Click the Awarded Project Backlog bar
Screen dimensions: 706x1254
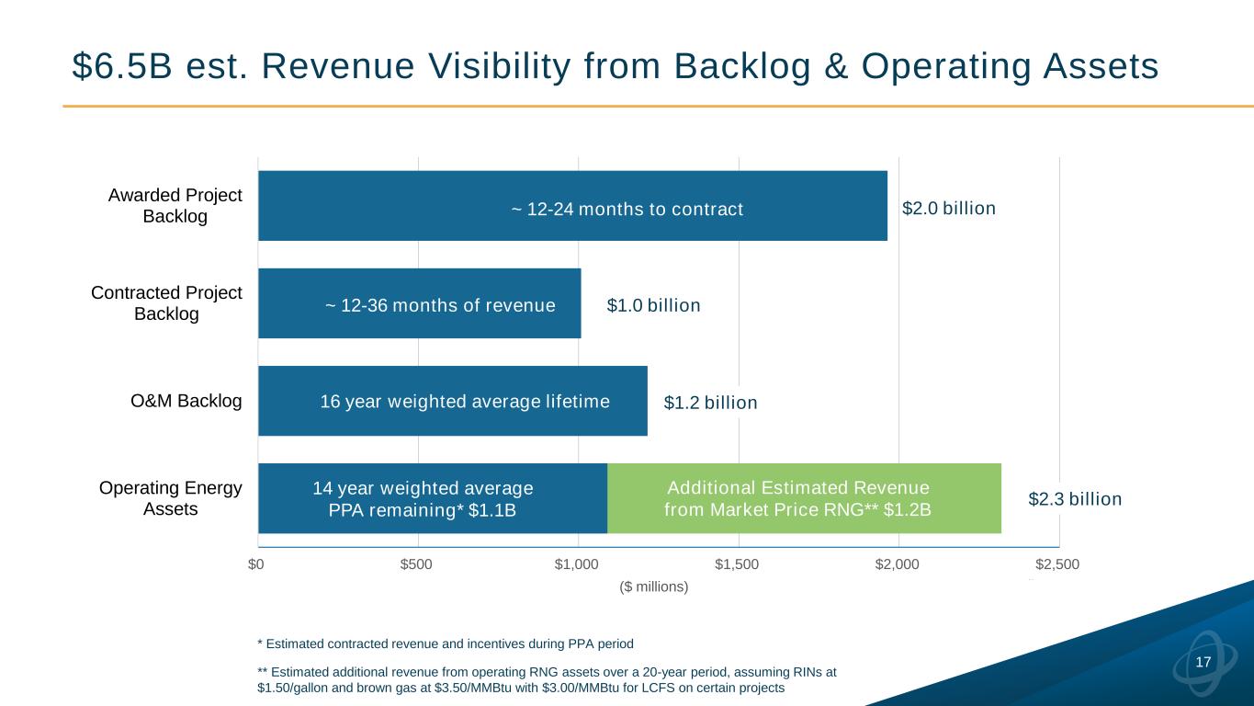click(x=572, y=206)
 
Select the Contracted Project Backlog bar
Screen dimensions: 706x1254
click(x=419, y=303)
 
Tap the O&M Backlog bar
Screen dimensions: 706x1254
click(x=452, y=401)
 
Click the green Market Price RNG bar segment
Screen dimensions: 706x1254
click(x=804, y=498)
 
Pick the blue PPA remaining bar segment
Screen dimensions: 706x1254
click(x=432, y=498)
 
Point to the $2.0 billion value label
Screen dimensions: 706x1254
click(x=948, y=209)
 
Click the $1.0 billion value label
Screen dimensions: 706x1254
click(x=653, y=305)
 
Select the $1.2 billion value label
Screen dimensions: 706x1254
click(x=710, y=403)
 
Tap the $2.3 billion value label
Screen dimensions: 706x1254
click(x=1074, y=499)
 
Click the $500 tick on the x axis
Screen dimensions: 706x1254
click(x=417, y=564)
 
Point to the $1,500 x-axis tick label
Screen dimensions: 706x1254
click(x=737, y=564)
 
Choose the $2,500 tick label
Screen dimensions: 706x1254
click(x=1056, y=564)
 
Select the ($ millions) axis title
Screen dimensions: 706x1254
click(x=654, y=586)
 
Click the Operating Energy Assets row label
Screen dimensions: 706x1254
click(x=170, y=498)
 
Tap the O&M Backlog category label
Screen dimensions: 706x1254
click(x=186, y=401)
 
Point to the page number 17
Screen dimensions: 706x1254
click(x=1203, y=663)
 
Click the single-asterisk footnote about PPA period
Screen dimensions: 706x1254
click(x=445, y=642)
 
